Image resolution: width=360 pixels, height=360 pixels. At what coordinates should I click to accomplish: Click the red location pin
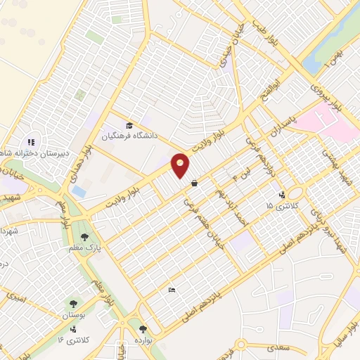click(181, 165)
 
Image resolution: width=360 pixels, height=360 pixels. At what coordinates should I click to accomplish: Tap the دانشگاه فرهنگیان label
click(131, 136)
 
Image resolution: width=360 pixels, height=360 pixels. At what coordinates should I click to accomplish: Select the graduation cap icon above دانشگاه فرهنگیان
click(128, 124)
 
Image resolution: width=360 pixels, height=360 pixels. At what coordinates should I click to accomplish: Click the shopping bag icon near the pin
click(193, 184)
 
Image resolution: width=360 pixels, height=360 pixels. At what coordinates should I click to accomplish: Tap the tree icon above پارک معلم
click(85, 237)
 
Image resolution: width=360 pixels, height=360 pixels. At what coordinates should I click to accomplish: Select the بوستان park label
click(73, 316)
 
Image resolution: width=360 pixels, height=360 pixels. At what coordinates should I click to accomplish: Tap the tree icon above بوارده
click(143, 328)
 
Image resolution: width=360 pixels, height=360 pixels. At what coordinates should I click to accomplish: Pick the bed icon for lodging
click(172, 290)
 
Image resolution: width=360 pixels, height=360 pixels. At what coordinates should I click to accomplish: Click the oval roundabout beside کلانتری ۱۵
click(295, 193)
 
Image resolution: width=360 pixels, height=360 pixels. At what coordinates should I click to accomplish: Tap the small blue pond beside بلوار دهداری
click(79, 191)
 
